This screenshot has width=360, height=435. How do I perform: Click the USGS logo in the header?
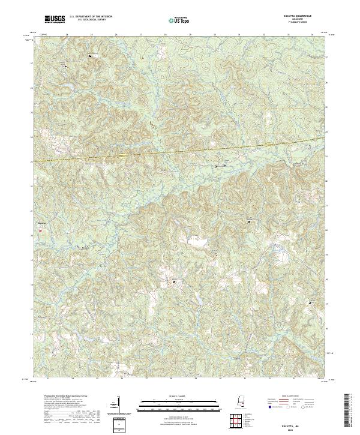tap(55, 20)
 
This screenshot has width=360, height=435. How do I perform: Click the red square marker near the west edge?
tap(41, 227)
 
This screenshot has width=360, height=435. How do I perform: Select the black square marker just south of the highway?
tap(217, 166)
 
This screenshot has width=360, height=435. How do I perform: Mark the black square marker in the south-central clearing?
tap(175, 281)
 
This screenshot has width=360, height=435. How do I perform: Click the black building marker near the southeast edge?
tap(311, 303)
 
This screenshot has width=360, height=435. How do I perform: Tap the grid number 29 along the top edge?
tap(190, 35)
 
